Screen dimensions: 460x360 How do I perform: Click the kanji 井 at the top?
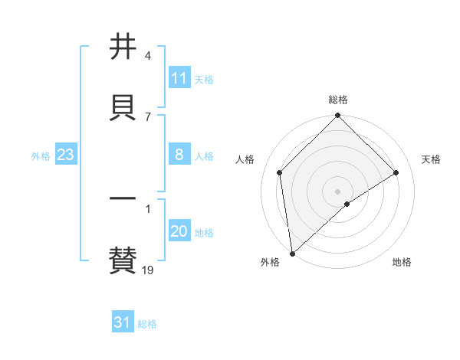[123, 47]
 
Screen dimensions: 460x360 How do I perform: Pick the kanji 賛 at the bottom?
[123, 260]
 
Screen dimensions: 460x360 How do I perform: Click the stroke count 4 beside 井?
[147, 56]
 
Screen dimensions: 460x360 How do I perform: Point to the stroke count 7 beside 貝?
[147, 116]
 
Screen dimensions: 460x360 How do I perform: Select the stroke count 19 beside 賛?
[148, 270]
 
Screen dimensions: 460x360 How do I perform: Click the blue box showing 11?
[179, 78]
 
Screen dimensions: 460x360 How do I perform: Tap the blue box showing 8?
[179, 155]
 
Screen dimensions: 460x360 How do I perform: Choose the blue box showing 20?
[179, 231]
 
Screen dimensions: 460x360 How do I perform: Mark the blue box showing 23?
[65, 155]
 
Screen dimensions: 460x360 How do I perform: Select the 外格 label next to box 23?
[41, 156]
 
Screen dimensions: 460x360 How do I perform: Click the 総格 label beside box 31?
[147, 324]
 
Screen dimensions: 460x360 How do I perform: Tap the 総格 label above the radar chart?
[338, 100]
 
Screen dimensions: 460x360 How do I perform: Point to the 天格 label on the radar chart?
[432, 159]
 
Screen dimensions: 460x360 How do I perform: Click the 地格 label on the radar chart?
[402, 262]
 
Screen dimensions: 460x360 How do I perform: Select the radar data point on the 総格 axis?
[338, 116]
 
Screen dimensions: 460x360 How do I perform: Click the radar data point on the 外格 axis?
[292, 254]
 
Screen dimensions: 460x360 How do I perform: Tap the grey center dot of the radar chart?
[338, 191]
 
